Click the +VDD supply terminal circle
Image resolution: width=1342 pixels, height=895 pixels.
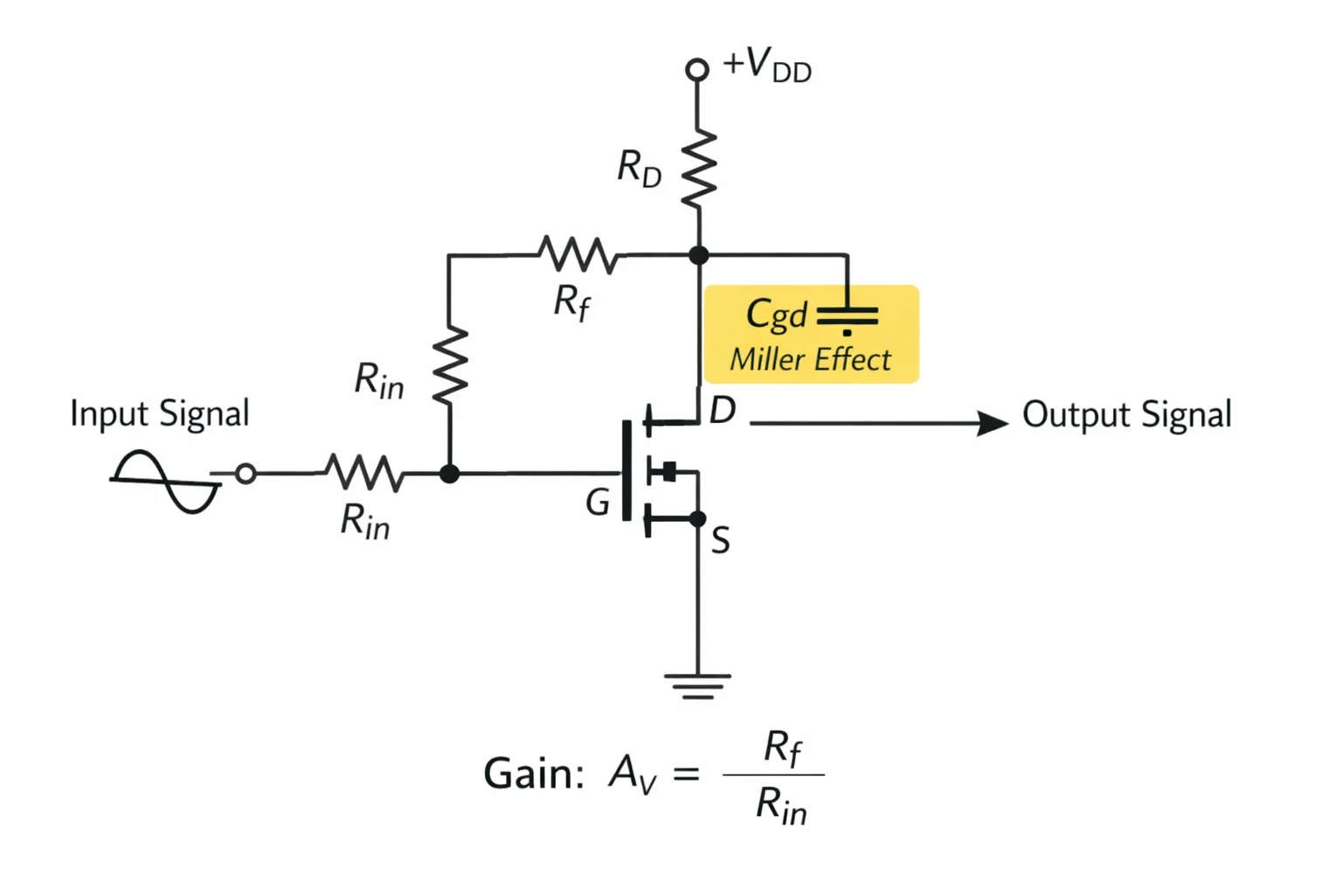[x=696, y=70]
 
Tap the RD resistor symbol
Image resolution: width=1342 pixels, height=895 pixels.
[x=699, y=169]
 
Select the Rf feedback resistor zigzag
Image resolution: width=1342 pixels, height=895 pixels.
[x=578, y=254]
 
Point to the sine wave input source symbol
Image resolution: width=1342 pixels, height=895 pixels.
[x=165, y=481]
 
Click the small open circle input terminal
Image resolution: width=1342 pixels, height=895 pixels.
[x=246, y=474]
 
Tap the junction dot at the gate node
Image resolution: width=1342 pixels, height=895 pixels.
[x=449, y=474]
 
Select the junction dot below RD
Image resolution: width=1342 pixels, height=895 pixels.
[x=699, y=254]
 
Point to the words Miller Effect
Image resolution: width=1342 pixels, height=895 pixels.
[x=810, y=360]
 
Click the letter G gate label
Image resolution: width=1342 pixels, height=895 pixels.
[x=598, y=503]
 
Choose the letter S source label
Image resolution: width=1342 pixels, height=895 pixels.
[x=721, y=539]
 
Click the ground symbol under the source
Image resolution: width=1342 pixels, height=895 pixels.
[x=697, y=687]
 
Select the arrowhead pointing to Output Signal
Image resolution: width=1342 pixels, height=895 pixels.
[x=993, y=423]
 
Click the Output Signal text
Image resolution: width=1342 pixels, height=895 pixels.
[x=1127, y=414]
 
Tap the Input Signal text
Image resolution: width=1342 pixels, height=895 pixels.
[x=159, y=413]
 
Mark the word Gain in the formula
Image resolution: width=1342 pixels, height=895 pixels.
[x=533, y=774]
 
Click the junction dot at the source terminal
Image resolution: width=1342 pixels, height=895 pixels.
[x=697, y=518]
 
